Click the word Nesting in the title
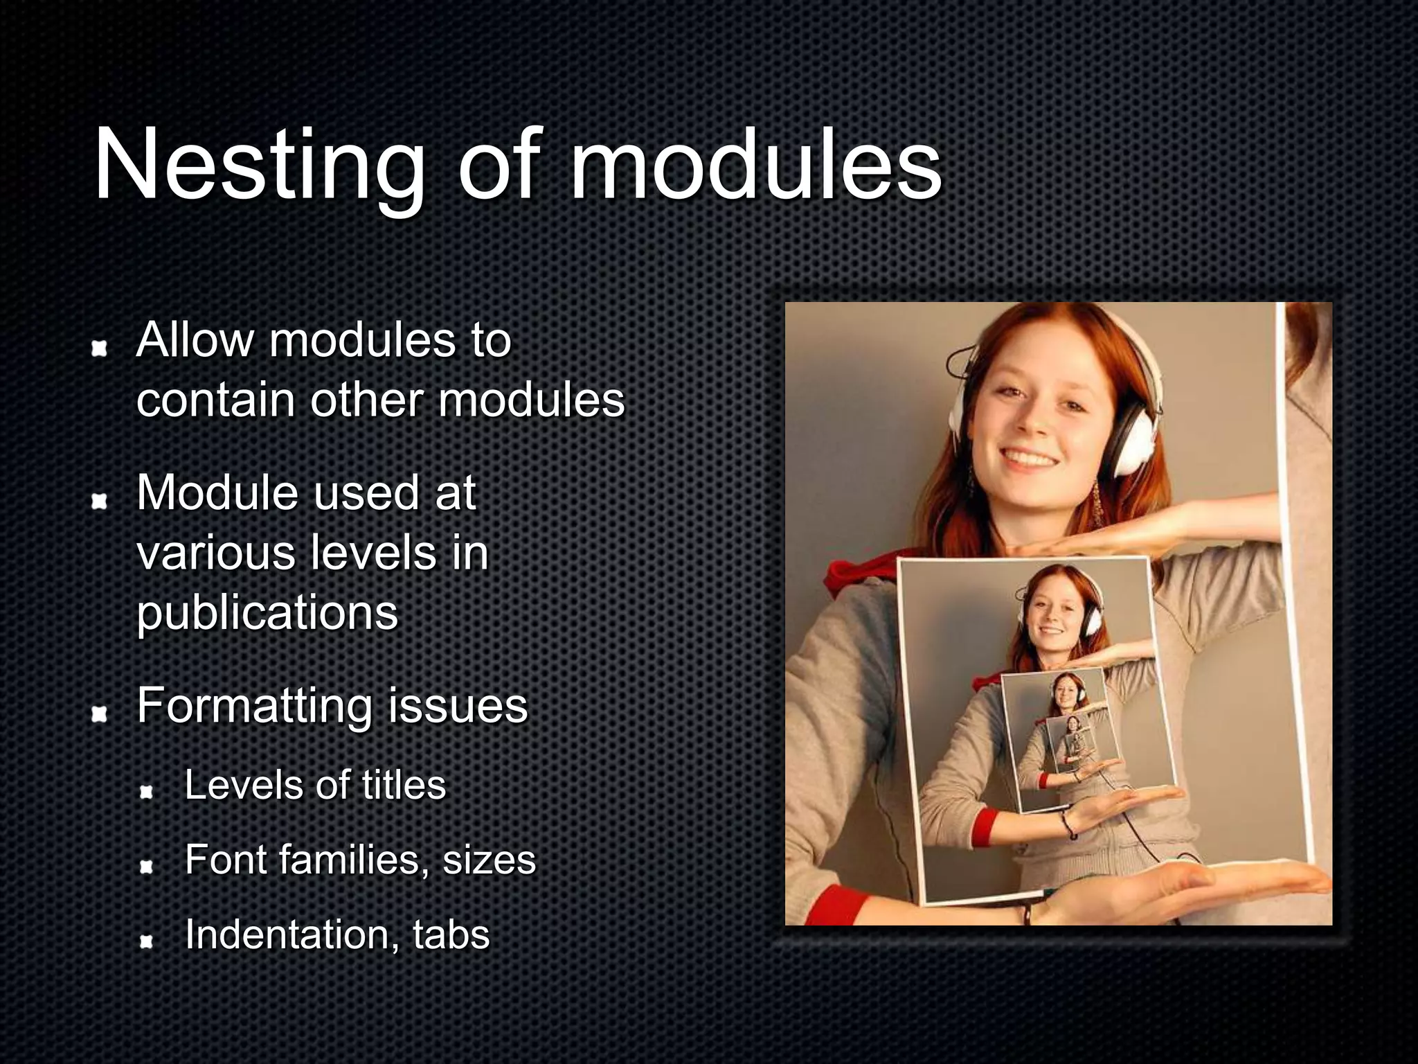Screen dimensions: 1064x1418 tap(259, 166)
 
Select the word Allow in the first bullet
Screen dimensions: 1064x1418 tap(195, 340)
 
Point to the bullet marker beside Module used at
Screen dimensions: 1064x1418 tap(100, 501)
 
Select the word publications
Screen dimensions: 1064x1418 tap(267, 614)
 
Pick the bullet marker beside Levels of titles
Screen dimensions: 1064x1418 tap(146, 791)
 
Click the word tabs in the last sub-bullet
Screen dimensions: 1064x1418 tap(451, 934)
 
